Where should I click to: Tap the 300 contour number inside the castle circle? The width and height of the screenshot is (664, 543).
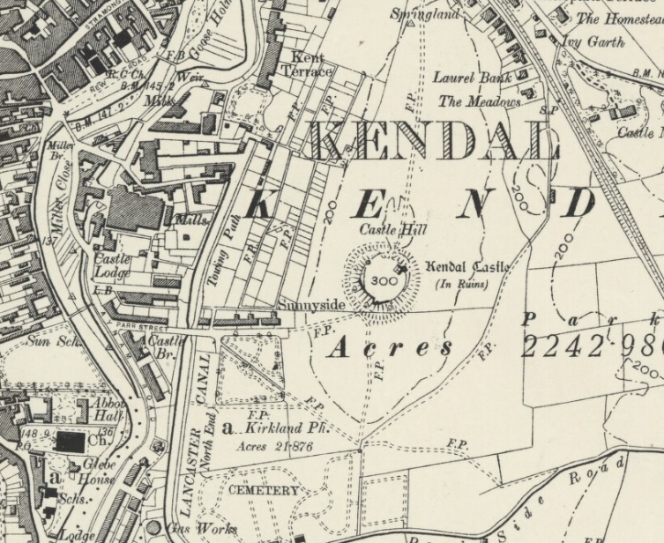[x=384, y=281]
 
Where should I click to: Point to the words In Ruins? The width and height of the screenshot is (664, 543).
[x=462, y=284]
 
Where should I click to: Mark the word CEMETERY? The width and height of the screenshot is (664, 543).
[x=264, y=489]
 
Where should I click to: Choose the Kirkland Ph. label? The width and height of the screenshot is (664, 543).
[x=276, y=428]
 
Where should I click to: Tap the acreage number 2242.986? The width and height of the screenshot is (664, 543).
[x=591, y=346]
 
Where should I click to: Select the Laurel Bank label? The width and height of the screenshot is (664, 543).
[x=472, y=78]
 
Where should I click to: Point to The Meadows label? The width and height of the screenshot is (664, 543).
[x=480, y=101]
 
